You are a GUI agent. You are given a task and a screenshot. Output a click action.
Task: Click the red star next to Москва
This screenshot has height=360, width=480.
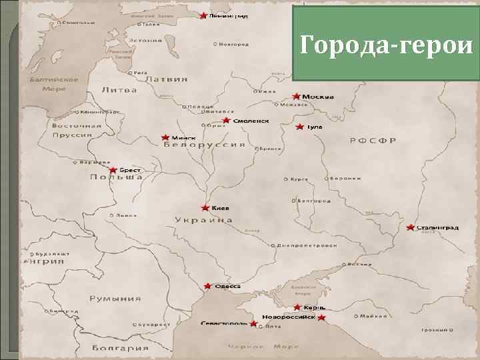(297, 96)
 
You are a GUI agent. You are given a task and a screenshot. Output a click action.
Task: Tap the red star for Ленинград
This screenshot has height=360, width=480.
(203, 15)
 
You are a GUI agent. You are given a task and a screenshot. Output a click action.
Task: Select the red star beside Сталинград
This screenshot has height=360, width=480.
(411, 228)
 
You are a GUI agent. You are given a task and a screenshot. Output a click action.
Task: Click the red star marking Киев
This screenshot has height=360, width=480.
(205, 208)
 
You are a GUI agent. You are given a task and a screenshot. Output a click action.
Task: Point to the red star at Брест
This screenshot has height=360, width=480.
(113, 171)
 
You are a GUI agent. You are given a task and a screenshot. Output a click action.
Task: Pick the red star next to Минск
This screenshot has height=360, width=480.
(165, 137)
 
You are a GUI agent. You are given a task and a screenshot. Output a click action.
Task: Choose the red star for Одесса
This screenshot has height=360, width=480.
(208, 286)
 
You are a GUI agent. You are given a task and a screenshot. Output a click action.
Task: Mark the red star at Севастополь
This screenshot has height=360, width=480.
(253, 323)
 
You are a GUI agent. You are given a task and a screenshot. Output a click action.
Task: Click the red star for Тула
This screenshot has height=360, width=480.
(300, 127)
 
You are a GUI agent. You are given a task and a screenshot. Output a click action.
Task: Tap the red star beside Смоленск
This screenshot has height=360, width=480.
(226, 121)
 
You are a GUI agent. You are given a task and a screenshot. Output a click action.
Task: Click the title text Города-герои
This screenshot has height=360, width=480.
(387, 45)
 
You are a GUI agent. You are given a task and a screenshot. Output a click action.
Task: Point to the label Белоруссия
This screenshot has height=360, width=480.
(204, 145)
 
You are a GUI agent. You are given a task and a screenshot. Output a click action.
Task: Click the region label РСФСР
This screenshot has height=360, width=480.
(373, 141)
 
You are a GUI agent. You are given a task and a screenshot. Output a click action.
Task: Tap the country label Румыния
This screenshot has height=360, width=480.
(116, 299)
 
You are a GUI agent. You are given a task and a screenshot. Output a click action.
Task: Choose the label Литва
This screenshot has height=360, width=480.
(119, 90)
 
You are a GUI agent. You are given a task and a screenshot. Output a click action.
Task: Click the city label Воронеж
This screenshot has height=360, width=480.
(347, 179)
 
